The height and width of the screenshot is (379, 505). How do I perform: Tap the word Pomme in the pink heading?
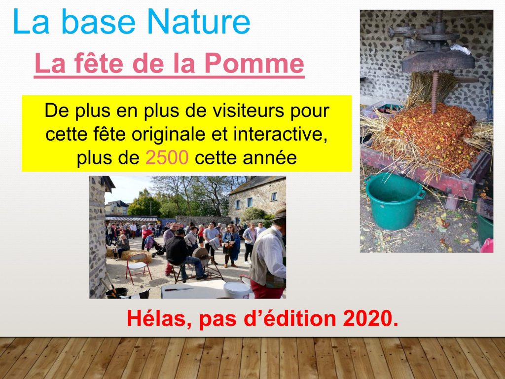[x=254, y=63]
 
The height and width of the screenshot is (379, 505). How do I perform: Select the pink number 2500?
[x=167, y=157]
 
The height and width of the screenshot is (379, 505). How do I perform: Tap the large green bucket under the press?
[x=394, y=201]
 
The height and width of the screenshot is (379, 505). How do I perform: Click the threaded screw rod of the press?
[x=435, y=91]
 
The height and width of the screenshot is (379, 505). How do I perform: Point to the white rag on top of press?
[x=461, y=49]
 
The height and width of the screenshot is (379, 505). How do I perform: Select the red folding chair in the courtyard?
[x=138, y=268]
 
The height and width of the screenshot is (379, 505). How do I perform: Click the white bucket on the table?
[x=237, y=290]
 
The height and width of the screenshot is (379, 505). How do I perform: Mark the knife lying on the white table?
[x=179, y=289]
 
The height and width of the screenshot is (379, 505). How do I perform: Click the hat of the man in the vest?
[x=280, y=214]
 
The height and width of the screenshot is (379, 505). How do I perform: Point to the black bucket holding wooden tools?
[x=116, y=293]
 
